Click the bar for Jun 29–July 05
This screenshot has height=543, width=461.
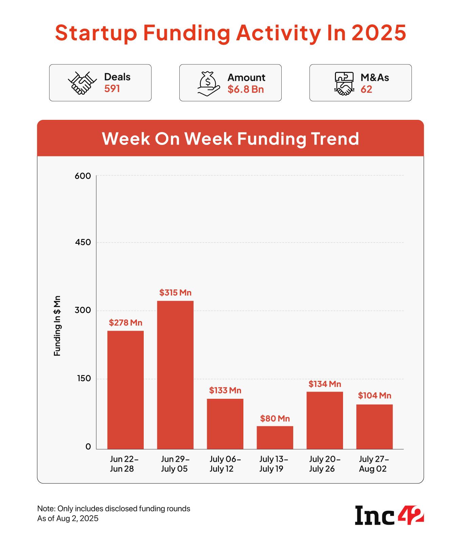click(175, 375)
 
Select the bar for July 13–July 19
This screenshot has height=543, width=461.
click(275, 437)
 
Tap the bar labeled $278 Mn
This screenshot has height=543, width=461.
click(125, 390)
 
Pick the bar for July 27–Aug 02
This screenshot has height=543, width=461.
click(374, 427)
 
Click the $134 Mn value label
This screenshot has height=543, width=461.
click(324, 384)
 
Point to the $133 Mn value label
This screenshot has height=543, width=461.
click(225, 390)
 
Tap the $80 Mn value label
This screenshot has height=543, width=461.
click(275, 418)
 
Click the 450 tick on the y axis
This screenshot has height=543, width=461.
click(83, 242)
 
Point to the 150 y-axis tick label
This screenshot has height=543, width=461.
click(83, 378)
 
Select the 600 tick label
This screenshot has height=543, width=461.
click(83, 176)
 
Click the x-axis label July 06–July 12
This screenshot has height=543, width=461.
click(225, 464)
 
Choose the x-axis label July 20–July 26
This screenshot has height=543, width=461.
click(324, 464)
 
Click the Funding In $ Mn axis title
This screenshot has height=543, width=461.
click(57, 326)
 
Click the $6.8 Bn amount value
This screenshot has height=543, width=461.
click(245, 89)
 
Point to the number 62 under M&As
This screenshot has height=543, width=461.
click(366, 89)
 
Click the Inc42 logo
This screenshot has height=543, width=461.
click(389, 515)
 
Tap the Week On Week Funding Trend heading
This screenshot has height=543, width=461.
click(230, 138)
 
